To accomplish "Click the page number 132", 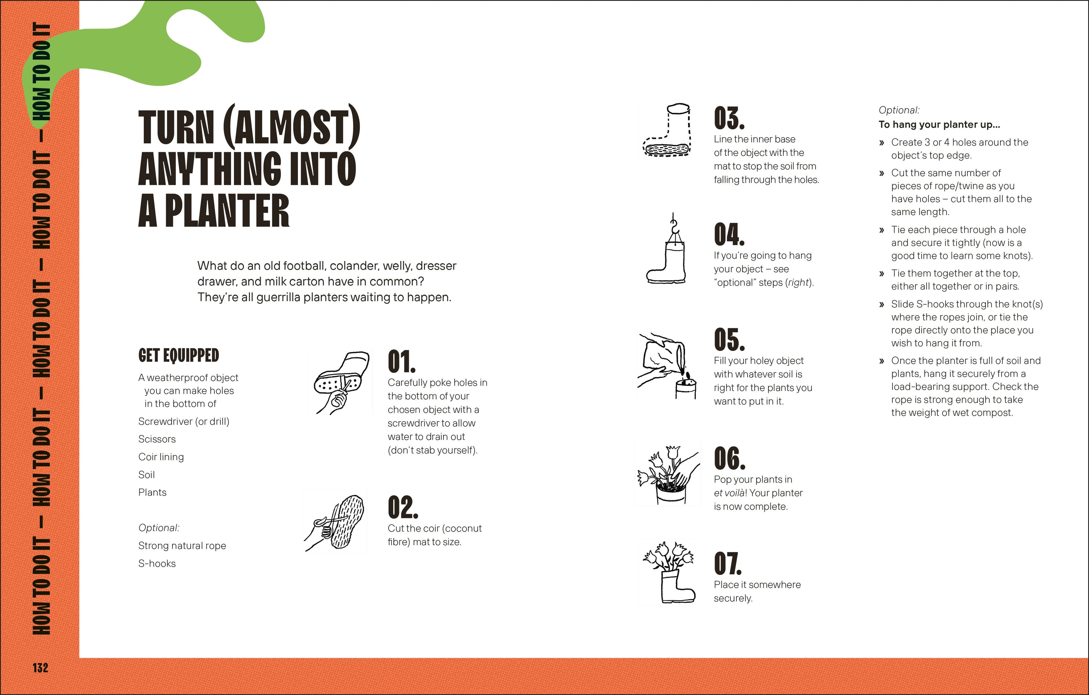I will (x=40, y=668).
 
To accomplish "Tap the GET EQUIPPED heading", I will (x=179, y=356).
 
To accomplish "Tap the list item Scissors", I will (x=157, y=439).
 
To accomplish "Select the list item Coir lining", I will (x=161, y=457).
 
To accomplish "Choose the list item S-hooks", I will (x=157, y=564).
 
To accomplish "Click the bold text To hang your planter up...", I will (x=939, y=125).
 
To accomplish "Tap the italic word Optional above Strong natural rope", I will (x=159, y=528).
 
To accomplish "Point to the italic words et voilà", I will (x=730, y=493).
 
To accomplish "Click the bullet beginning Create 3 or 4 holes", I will (x=959, y=149).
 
